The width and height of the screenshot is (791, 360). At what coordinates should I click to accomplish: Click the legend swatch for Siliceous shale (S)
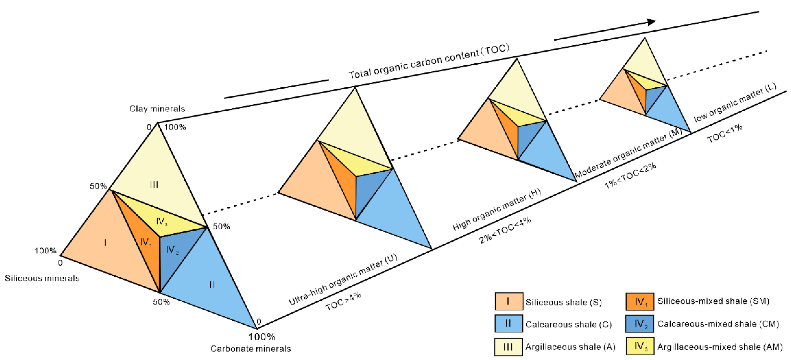(x=509, y=301)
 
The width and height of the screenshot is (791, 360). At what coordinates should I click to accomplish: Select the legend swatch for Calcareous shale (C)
(x=508, y=323)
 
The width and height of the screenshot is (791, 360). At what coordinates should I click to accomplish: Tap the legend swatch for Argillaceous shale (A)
(x=508, y=347)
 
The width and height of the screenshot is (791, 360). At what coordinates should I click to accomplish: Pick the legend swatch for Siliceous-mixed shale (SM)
(x=640, y=301)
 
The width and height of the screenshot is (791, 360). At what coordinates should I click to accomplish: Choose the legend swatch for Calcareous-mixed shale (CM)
(x=640, y=323)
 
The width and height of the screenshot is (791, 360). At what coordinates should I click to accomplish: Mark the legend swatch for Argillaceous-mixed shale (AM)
(x=640, y=346)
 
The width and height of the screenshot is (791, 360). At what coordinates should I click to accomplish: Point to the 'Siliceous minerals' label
(x=42, y=278)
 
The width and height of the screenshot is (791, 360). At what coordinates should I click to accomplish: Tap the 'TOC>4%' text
(x=343, y=302)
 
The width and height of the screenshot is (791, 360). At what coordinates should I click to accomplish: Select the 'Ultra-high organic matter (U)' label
(x=343, y=280)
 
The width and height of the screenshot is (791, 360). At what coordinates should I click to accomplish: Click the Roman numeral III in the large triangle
(x=154, y=185)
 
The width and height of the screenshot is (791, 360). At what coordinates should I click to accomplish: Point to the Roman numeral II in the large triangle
(x=212, y=285)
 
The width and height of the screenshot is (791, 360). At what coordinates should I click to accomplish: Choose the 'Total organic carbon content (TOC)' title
(x=429, y=61)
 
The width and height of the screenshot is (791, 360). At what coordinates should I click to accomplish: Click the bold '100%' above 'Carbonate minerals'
(x=262, y=337)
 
